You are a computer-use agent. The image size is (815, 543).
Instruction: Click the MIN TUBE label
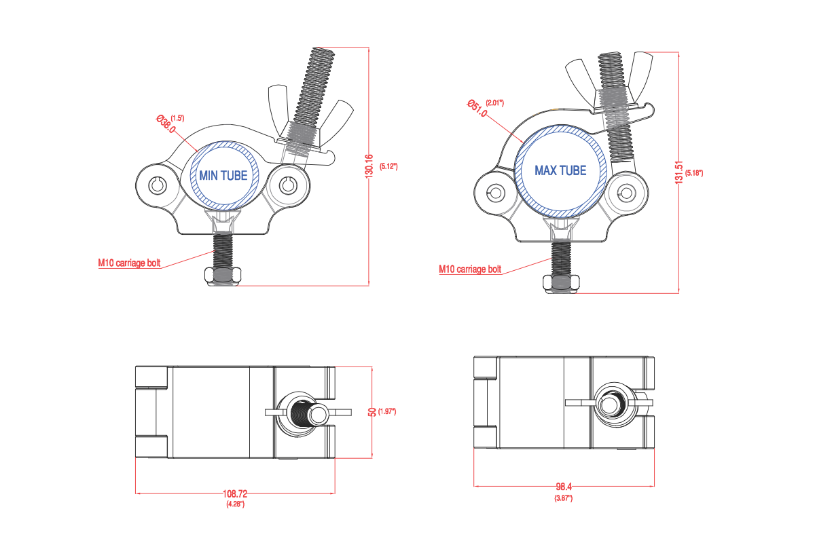(223, 175)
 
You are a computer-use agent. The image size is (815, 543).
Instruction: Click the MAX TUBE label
(560, 170)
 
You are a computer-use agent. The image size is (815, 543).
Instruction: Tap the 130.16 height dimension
(369, 166)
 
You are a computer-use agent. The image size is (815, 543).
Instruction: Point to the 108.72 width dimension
(235, 494)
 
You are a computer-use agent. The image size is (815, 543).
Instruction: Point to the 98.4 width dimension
(564, 487)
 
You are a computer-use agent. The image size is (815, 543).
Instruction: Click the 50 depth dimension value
(372, 412)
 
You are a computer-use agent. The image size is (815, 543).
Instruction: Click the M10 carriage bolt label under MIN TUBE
(130, 263)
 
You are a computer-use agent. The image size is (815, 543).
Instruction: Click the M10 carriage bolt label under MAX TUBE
(470, 269)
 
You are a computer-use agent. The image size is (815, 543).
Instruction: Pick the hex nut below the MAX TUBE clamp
(562, 284)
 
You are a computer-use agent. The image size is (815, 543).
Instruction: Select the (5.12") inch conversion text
(388, 166)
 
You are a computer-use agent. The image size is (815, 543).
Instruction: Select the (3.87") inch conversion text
(564, 498)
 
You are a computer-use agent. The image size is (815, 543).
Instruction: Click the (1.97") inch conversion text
(387, 412)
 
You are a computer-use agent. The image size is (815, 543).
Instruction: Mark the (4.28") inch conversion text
(235, 504)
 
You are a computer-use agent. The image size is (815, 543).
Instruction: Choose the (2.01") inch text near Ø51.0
(495, 103)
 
